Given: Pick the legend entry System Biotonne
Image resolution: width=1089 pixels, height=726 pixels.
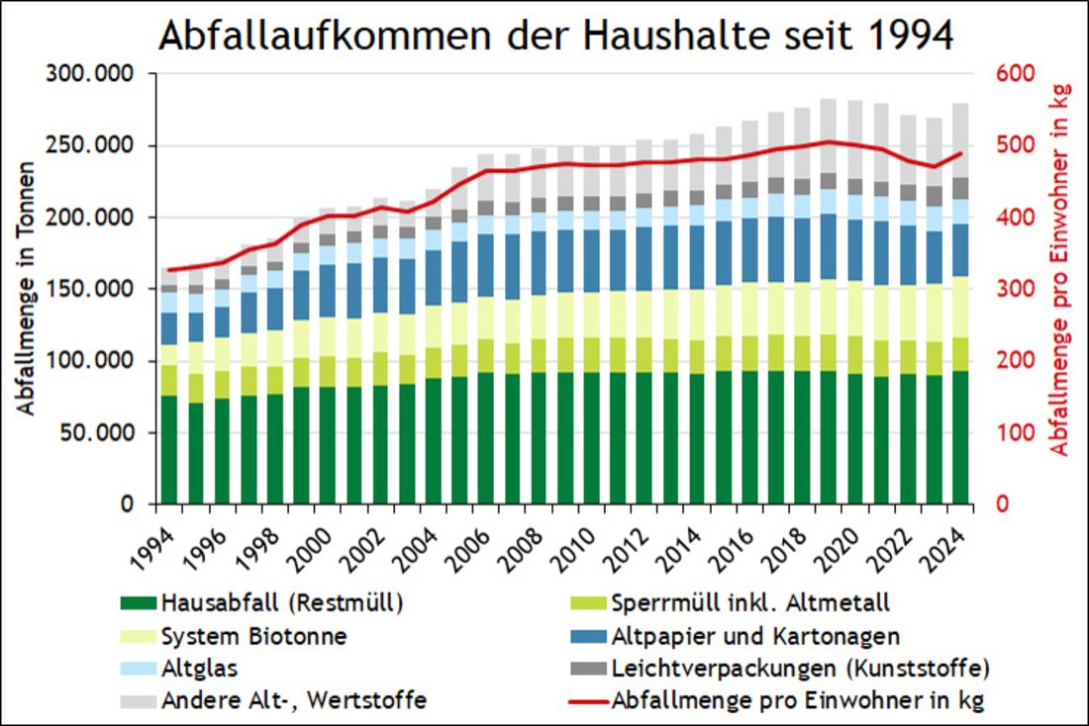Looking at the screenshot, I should click(255, 636).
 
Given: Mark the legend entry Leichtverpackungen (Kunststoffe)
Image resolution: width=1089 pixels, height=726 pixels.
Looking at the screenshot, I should click(801, 668).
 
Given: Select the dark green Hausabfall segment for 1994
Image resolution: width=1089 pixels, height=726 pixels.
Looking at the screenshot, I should click(169, 450).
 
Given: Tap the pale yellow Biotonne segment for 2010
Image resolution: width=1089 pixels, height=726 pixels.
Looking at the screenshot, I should click(591, 315).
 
